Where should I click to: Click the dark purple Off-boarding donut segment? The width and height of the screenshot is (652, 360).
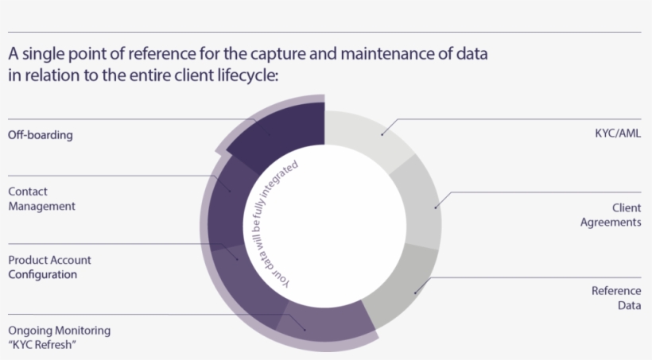click(x=286, y=135)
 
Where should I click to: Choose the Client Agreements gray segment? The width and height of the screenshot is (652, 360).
click(x=421, y=203)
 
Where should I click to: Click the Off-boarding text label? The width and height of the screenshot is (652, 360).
click(x=41, y=135)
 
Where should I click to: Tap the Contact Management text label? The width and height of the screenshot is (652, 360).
click(x=41, y=199)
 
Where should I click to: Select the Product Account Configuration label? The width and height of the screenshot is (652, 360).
click(x=49, y=267)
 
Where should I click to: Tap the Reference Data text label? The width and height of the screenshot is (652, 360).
click(x=616, y=298)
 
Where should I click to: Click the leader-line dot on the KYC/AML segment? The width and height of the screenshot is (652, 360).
click(x=382, y=134)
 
